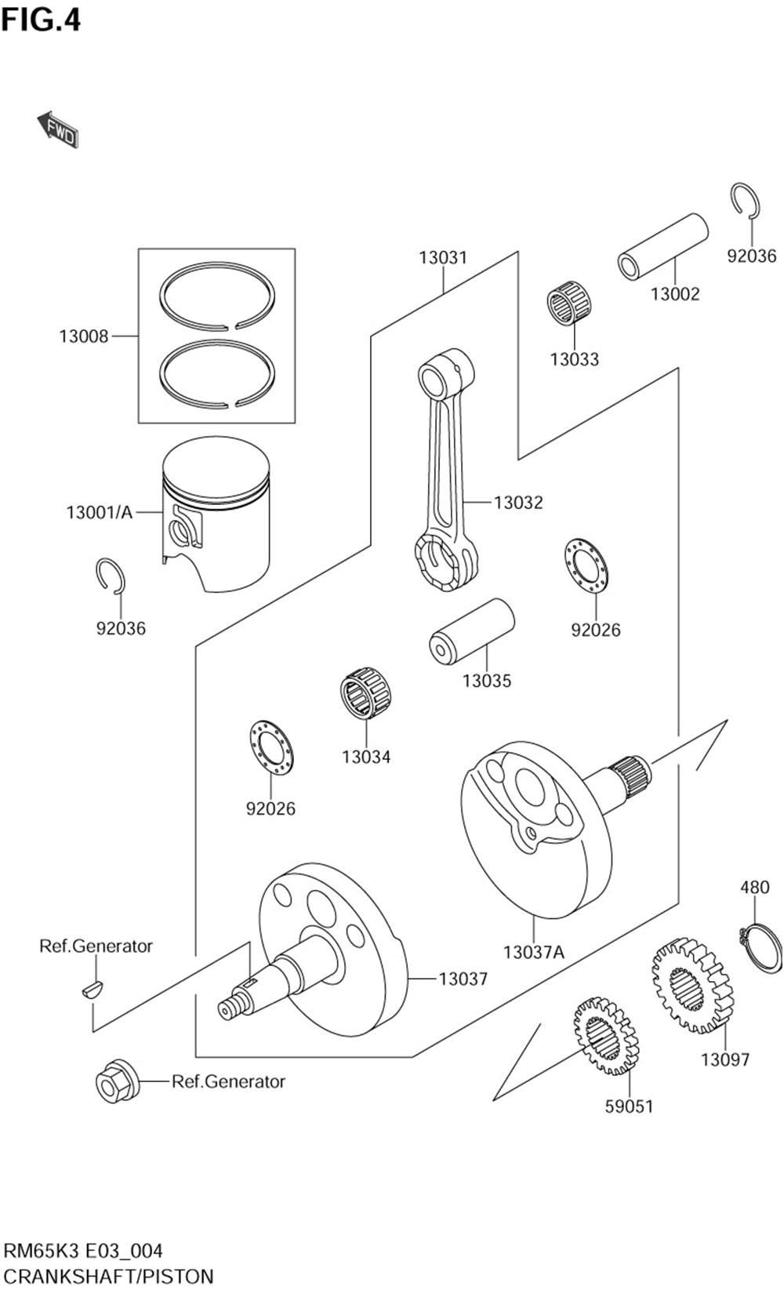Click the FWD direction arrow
58,129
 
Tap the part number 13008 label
83,336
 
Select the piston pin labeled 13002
663,246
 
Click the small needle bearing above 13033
569,302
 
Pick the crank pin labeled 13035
471,631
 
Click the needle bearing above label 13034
366,693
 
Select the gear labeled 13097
691,985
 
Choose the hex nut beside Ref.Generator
116,1082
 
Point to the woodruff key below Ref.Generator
92,989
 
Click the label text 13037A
533,952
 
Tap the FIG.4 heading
41,20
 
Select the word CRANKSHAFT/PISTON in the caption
108,1276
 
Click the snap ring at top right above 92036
745,200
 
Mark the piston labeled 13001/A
216,514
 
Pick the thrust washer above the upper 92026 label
586,565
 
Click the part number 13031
442,257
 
